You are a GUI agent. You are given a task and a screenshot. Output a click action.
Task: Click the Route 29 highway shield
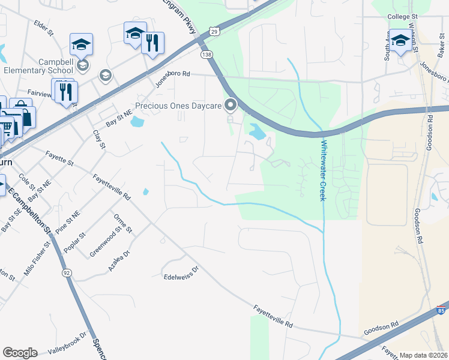[214, 30]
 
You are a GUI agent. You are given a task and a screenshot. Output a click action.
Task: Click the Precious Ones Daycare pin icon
[231, 106]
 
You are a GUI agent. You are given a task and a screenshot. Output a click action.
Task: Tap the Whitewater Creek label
[322, 170]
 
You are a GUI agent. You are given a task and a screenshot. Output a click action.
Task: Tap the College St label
[402, 17]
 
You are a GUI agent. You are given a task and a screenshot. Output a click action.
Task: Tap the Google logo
[20, 352]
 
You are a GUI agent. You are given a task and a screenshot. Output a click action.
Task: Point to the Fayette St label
[59, 158]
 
